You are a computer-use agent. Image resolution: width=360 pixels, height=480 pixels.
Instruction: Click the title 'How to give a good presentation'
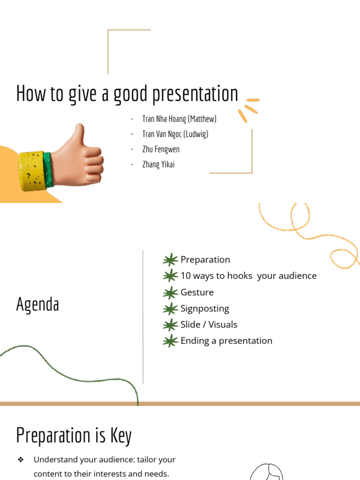coord(127,93)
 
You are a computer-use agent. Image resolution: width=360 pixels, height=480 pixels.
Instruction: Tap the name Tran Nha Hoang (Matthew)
coord(179,119)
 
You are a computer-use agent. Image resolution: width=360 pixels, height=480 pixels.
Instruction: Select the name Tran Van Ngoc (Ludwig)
coord(175,134)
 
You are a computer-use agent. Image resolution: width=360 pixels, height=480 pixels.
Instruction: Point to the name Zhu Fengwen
coord(161,150)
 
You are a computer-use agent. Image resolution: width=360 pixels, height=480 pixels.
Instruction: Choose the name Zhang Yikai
coord(158,165)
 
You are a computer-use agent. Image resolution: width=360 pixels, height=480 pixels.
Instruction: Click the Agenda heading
coord(37,304)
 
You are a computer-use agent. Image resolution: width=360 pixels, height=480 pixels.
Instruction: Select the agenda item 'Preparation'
coord(205,260)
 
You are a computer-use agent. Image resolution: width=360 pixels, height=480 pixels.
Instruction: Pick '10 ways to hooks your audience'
coord(248,276)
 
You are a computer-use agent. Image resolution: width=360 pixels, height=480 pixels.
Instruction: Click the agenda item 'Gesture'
coord(197,292)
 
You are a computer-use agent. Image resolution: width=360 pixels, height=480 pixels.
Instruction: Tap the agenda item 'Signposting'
coord(205,308)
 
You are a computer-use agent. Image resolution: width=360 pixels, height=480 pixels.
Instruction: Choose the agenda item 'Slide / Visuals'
coord(209,324)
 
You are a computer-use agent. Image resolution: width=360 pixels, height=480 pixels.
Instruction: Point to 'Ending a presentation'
coord(226,341)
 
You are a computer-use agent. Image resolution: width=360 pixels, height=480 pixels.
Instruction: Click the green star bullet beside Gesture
coord(171,292)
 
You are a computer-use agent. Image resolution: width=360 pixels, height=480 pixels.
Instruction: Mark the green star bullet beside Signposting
coord(171,309)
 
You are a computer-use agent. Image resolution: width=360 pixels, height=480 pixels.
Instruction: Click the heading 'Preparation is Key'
coord(74,435)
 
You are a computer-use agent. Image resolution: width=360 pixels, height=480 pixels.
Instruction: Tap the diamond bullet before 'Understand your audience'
coord(21,460)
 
